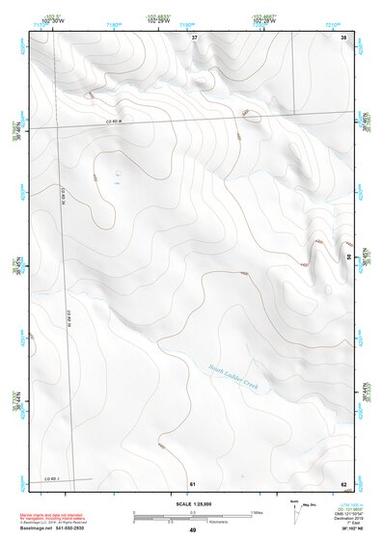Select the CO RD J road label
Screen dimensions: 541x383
click(x=50, y=479)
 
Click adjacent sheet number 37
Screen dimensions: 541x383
click(x=194, y=37)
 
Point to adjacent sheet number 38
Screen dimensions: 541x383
click(x=343, y=37)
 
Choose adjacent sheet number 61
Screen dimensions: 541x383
click(x=193, y=483)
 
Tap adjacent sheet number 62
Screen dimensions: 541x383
click(x=343, y=483)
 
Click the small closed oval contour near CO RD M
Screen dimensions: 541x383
click(x=253, y=118)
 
